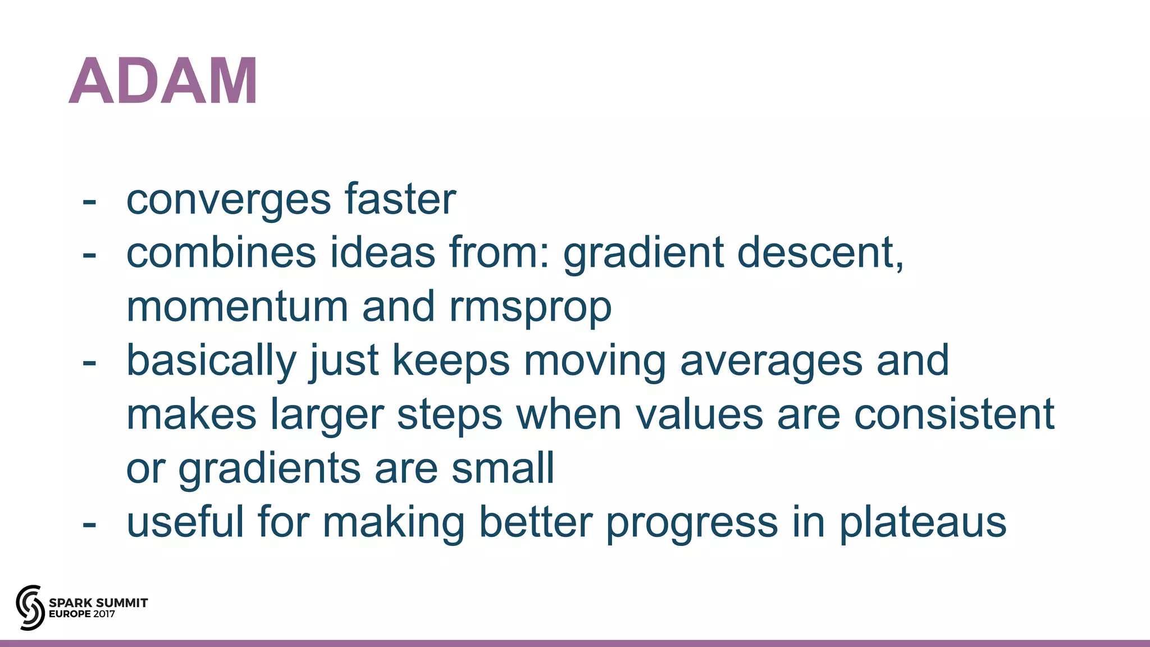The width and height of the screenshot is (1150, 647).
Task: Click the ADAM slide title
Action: [163, 81]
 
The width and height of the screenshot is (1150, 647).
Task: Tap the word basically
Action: [211, 361]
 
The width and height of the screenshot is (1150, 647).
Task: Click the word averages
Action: [771, 362]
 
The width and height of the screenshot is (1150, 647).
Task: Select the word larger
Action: [327, 416]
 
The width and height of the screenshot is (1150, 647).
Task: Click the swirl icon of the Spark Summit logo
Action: [30, 607]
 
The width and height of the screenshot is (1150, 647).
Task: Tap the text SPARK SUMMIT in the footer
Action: [98, 603]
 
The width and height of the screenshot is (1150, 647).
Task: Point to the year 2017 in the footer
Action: [104, 614]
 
